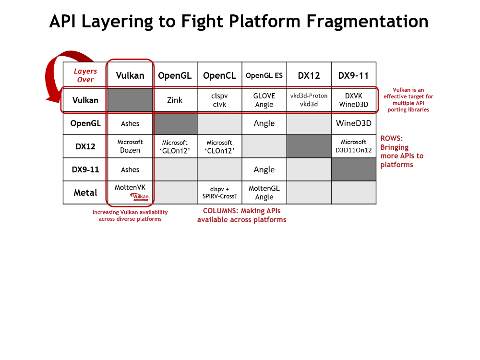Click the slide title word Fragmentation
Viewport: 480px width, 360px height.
(367, 22)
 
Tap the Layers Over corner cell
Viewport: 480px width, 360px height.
(85, 75)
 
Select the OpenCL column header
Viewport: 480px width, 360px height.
(219, 76)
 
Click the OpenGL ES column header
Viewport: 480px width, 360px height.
(264, 76)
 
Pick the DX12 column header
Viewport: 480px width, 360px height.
(309, 76)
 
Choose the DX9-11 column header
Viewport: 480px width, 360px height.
(353, 76)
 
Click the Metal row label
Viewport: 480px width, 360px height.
(85, 192)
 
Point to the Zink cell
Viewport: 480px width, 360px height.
(175, 100)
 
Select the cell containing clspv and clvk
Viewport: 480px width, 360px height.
(219, 100)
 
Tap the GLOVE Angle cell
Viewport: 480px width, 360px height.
(264, 100)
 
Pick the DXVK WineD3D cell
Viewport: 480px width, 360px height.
(353, 100)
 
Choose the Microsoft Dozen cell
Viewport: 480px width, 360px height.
(130, 146)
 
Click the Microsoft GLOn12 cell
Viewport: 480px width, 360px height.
(175, 146)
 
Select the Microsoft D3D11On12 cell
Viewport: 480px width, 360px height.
(353, 146)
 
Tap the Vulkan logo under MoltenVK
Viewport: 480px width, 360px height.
(140, 197)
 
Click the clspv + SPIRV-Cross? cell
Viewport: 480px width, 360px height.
(219, 192)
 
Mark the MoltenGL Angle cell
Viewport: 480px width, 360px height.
(264, 192)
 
